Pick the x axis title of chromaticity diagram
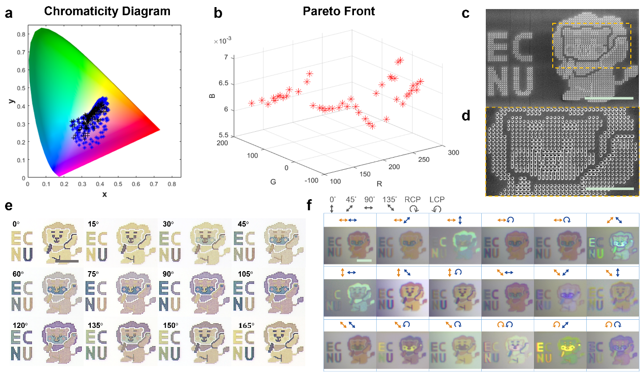[104, 195]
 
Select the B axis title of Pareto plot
[212, 95]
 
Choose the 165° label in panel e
[242, 325]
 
